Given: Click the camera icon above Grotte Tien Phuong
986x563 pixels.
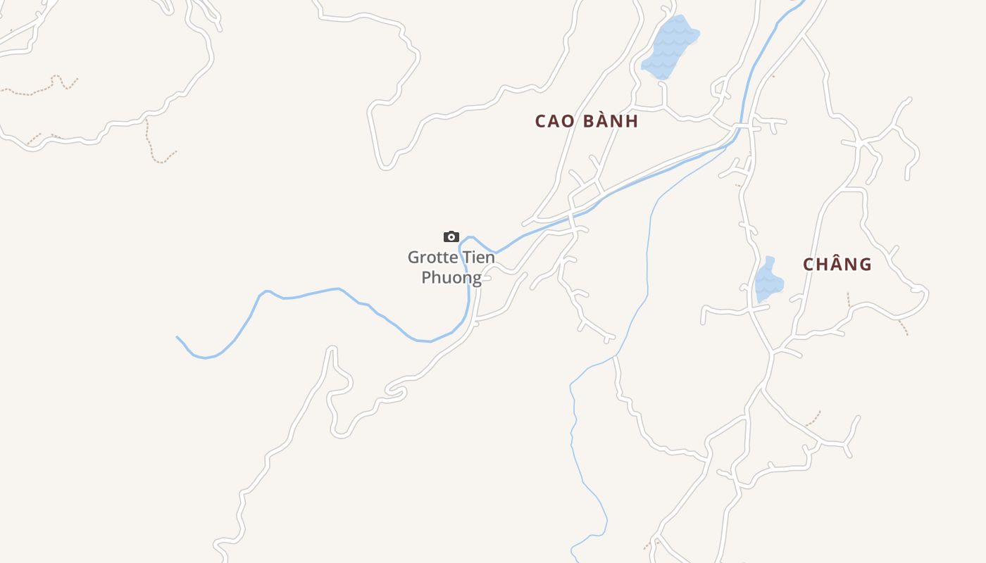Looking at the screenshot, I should [451, 236].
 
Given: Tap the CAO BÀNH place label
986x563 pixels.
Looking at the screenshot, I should [587, 121].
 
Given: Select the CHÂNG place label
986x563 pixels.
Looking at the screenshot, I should [837, 264].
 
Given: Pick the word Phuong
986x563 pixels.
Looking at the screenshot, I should [451, 277].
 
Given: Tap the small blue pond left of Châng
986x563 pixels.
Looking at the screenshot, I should [768, 281].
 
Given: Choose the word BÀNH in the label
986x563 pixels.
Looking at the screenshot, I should [609, 121].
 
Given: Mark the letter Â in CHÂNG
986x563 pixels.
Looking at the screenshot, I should [838, 264].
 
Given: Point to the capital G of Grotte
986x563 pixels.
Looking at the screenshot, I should [414, 258].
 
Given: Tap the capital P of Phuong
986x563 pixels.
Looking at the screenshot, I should [427, 277].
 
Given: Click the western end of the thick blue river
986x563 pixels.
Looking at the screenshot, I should [177, 338].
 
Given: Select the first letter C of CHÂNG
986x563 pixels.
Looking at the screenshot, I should [809, 265].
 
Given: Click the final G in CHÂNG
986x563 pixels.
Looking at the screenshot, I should [866, 265].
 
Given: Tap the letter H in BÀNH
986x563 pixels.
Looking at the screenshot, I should [632, 121].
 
